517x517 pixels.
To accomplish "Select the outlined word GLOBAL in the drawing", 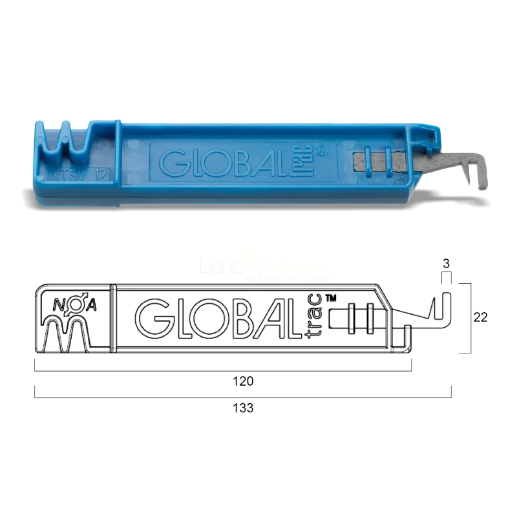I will [x=216, y=317].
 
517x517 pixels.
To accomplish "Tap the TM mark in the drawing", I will [x=331, y=298].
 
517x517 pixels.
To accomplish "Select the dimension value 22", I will [x=480, y=317].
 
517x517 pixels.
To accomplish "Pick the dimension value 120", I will [x=243, y=381].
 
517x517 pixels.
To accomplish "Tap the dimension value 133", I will [x=243, y=408].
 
